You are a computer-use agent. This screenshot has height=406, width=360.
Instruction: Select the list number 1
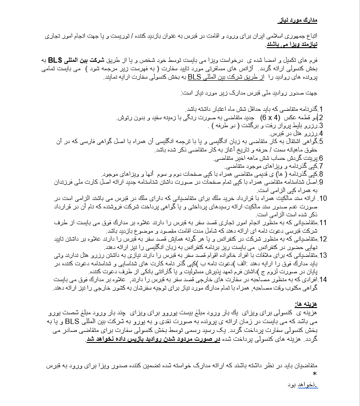tap(322, 109)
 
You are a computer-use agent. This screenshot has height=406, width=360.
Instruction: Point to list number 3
tap(322, 125)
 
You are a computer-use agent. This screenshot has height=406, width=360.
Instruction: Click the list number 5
tap(322, 141)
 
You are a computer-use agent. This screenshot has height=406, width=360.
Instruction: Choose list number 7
tap(322, 166)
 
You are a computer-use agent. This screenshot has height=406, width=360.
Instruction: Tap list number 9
tap(322, 182)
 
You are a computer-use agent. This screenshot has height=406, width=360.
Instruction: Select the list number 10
tap(323, 198)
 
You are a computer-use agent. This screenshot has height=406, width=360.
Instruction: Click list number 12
tap(323, 239)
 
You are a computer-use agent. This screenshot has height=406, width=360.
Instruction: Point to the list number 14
tap(323, 279)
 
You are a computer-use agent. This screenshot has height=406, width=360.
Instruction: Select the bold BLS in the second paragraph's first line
tap(310, 60)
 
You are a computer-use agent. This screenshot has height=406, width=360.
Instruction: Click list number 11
tap(323, 222)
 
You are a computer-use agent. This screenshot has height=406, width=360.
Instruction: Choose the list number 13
tap(323, 255)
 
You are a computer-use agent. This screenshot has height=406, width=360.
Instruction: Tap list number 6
tap(322, 158)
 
